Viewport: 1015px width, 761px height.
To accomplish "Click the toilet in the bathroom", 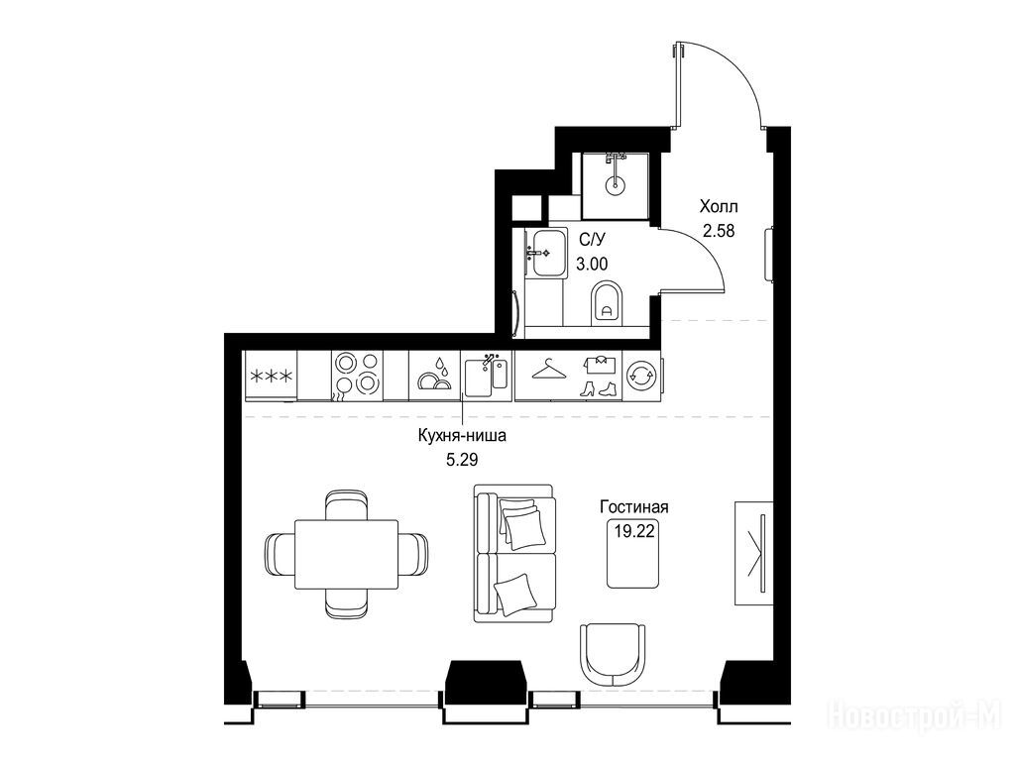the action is click(x=607, y=303).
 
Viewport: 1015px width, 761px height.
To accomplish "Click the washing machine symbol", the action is click(x=641, y=376).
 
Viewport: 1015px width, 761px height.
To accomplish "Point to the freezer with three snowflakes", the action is click(x=271, y=376).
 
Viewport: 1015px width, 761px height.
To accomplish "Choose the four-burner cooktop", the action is click(x=357, y=376).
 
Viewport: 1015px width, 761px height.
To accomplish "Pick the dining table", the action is click(x=346, y=554).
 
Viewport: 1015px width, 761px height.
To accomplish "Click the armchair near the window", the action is click(x=613, y=655).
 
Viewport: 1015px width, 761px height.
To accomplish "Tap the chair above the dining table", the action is click(x=346, y=504).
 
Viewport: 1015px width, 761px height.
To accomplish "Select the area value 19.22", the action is click(x=634, y=532).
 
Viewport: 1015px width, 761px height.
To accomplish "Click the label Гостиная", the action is click(x=633, y=506).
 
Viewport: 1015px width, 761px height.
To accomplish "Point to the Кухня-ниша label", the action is click(x=462, y=436).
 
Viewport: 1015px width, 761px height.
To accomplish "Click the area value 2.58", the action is click(x=719, y=230).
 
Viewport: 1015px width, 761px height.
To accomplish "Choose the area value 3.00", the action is click(x=593, y=264).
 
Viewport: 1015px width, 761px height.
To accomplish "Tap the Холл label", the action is click(x=719, y=207).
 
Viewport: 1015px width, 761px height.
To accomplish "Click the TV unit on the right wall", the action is click(x=754, y=553).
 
